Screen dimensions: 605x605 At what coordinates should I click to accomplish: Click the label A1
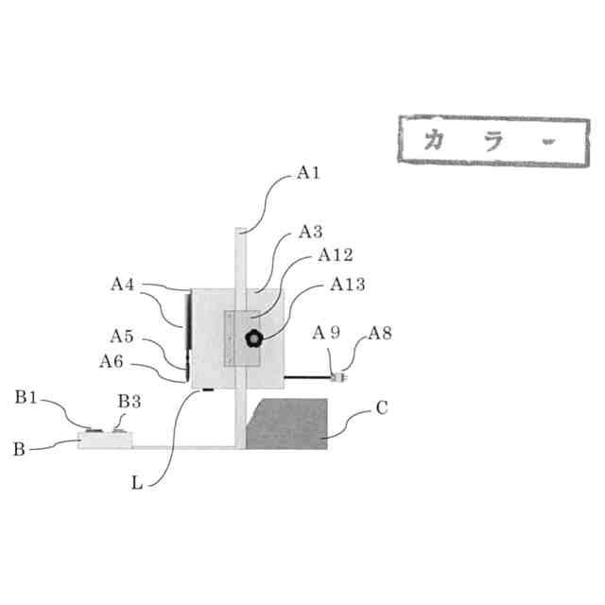(309, 172)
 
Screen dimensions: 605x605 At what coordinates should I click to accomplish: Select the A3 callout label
(311, 232)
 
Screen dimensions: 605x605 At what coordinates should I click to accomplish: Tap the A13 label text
(348, 283)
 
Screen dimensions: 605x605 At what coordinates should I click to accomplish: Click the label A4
(124, 283)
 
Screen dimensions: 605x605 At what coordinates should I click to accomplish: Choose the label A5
(122, 336)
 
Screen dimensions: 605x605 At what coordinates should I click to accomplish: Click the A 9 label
(328, 332)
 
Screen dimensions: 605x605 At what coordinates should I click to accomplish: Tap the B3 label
(129, 401)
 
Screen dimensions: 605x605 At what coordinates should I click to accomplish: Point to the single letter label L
(137, 481)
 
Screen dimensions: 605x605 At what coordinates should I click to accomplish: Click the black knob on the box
(253, 339)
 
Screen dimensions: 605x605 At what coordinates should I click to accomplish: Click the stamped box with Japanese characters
(493, 143)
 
